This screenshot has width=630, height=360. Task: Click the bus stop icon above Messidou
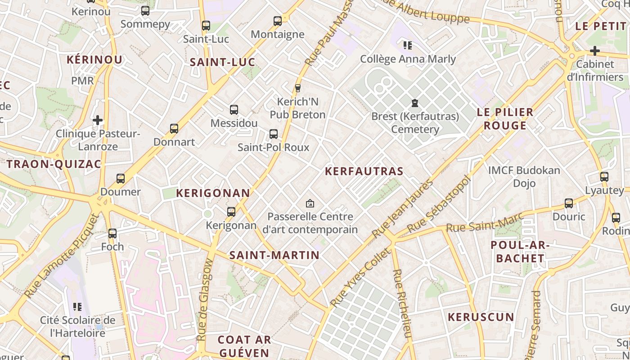tap(234, 109)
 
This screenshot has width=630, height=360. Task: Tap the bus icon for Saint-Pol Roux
tap(273, 134)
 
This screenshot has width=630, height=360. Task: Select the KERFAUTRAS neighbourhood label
tap(364, 171)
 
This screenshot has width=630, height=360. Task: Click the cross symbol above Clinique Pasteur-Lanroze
tap(98, 120)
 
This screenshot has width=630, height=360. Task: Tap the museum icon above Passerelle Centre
tap(310, 204)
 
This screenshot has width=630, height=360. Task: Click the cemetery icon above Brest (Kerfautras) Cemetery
tap(414, 103)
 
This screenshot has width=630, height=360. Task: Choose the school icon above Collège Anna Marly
tap(408, 45)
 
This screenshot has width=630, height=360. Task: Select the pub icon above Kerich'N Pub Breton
tap(297, 88)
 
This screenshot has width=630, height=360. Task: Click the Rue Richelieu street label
tap(403, 304)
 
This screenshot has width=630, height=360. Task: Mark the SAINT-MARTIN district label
tap(274, 255)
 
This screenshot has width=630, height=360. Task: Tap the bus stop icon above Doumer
tap(121, 179)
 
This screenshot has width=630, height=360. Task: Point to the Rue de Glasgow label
tap(205, 299)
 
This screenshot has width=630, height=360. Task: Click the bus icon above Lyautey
tap(604, 177)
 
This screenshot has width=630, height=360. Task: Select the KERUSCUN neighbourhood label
tap(481, 317)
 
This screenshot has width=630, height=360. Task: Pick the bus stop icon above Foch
tap(112, 234)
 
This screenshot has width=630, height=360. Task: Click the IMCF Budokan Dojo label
tap(524, 177)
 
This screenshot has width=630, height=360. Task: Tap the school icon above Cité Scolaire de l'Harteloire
tap(77, 307)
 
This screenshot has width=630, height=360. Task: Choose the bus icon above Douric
tap(569, 203)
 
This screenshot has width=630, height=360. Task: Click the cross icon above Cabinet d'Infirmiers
tap(595, 50)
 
